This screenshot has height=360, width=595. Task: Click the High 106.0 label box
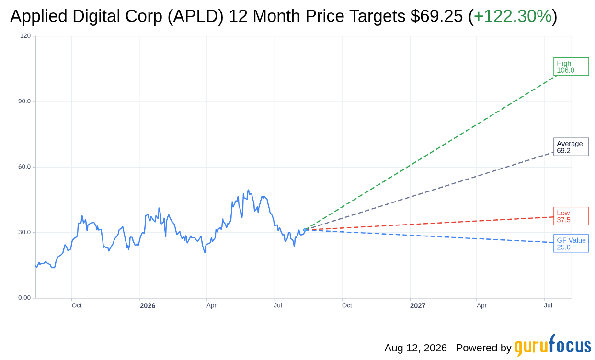[x=571, y=67]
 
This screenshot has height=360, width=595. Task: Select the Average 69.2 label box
[x=571, y=147]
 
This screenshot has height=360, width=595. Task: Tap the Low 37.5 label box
[x=571, y=216]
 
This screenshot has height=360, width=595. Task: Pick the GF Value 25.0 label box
[x=571, y=244]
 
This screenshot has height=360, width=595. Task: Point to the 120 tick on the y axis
[x=25, y=35]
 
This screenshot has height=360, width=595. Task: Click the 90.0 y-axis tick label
[x=24, y=101]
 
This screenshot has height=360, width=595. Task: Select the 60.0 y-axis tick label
[x=24, y=167]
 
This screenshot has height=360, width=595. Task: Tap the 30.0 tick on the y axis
[x=24, y=232]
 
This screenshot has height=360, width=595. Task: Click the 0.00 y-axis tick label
[x=24, y=298]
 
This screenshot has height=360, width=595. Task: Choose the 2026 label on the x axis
[x=148, y=306]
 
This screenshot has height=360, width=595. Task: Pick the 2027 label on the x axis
[x=418, y=306]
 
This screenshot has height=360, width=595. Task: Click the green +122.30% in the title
[x=513, y=16]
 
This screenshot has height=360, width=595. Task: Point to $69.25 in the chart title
[x=436, y=16]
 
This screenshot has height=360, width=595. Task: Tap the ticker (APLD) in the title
[x=195, y=16]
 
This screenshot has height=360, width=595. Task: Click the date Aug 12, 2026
[x=415, y=348]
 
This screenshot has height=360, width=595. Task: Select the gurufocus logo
[x=552, y=345]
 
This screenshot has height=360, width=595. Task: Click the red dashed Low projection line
[x=430, y=224]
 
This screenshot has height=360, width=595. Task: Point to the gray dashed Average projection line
[x=430, y=191]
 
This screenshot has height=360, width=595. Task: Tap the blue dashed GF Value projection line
[x=430, y=236]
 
